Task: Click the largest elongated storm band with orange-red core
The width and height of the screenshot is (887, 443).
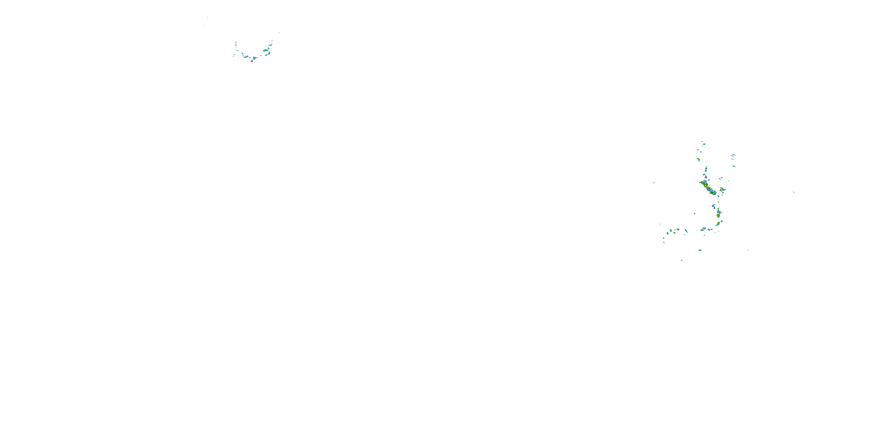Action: (707, 187)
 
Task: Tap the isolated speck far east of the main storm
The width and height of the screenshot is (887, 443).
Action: (793, 192)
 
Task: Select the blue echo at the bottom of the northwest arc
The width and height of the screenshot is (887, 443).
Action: (252, 61)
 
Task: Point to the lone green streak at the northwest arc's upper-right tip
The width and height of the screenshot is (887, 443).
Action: (279, 33)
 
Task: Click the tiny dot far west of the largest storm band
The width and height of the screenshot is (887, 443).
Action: (653, 183)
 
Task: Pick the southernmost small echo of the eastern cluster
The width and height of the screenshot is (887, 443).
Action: (682, 260)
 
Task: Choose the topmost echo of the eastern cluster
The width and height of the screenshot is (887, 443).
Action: (703, 142)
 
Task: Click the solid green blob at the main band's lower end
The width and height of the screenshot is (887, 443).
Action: (712, 193)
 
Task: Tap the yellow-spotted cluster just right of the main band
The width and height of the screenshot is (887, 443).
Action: (722, 190)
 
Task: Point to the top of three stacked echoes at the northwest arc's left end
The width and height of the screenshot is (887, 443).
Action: (236, 43)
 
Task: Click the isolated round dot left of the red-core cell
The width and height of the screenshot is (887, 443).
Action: (695, 214)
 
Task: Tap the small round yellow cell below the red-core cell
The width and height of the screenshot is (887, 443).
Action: (718, 224)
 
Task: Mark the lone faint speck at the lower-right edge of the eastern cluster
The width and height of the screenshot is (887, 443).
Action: (747, 250)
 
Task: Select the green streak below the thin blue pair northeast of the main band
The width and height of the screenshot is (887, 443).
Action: (734, 166)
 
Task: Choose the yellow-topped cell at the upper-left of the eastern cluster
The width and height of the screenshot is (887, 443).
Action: (698, 159)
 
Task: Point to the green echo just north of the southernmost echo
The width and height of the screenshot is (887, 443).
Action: (700, 250)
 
